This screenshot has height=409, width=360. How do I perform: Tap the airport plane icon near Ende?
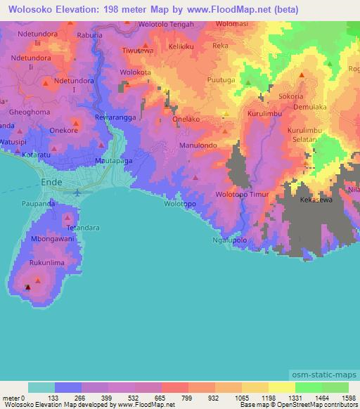[x=77, y=191]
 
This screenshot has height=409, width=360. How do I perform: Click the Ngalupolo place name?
[x=229, y=240]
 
